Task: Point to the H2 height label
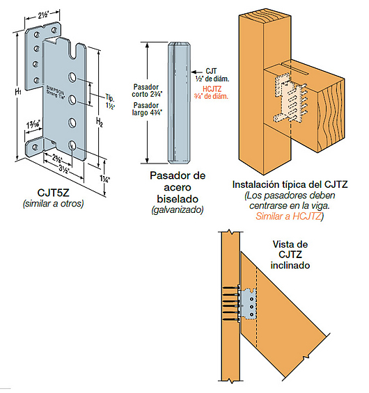point(100,123)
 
